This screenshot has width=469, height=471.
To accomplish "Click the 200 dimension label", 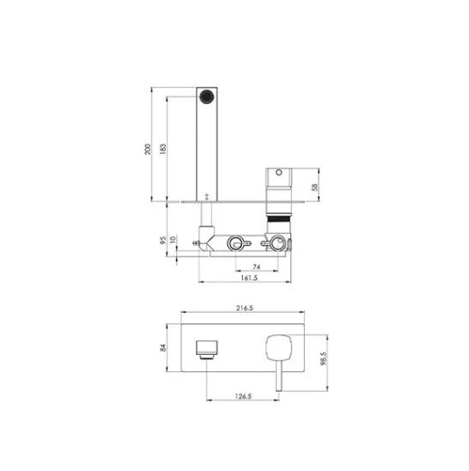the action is click(x=148, y=150).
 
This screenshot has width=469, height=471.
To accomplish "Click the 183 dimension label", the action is click(x=162, y=150).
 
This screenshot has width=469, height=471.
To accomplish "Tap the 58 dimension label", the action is click(x=314, y=187).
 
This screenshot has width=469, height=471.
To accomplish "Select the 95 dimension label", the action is click(x=162, y=240).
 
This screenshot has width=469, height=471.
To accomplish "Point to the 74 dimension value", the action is click(x=257, y=266).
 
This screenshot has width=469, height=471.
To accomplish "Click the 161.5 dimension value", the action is click(x=249, y=278).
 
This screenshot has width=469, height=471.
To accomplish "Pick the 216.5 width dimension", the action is click(x=245, y=308).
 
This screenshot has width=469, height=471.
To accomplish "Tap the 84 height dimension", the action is click(x=163, y=348).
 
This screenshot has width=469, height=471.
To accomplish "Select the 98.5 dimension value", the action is click(x=323, y=358).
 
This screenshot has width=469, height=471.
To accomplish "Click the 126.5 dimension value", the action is click(x=243, y=396).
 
